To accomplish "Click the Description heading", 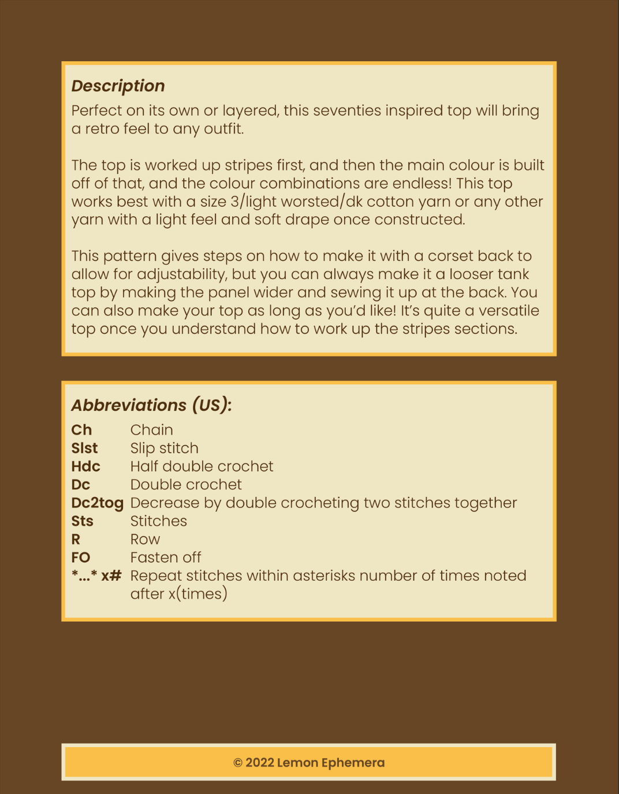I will coord(118,86).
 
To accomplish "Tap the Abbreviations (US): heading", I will coord(151,405).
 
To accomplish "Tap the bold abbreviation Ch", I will coord(81,430).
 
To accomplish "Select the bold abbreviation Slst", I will coord(84,448).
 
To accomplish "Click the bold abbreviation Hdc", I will coord(85,466).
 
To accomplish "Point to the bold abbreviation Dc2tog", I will coord(97,503).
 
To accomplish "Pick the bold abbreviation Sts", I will coord(82,521).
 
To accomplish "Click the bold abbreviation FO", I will coord(81,558).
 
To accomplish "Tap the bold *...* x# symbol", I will coord(96,576).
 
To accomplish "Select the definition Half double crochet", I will coord(202,466).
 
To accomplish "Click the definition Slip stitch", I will coord(164,448).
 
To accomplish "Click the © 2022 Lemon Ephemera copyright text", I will coord(309,763).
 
